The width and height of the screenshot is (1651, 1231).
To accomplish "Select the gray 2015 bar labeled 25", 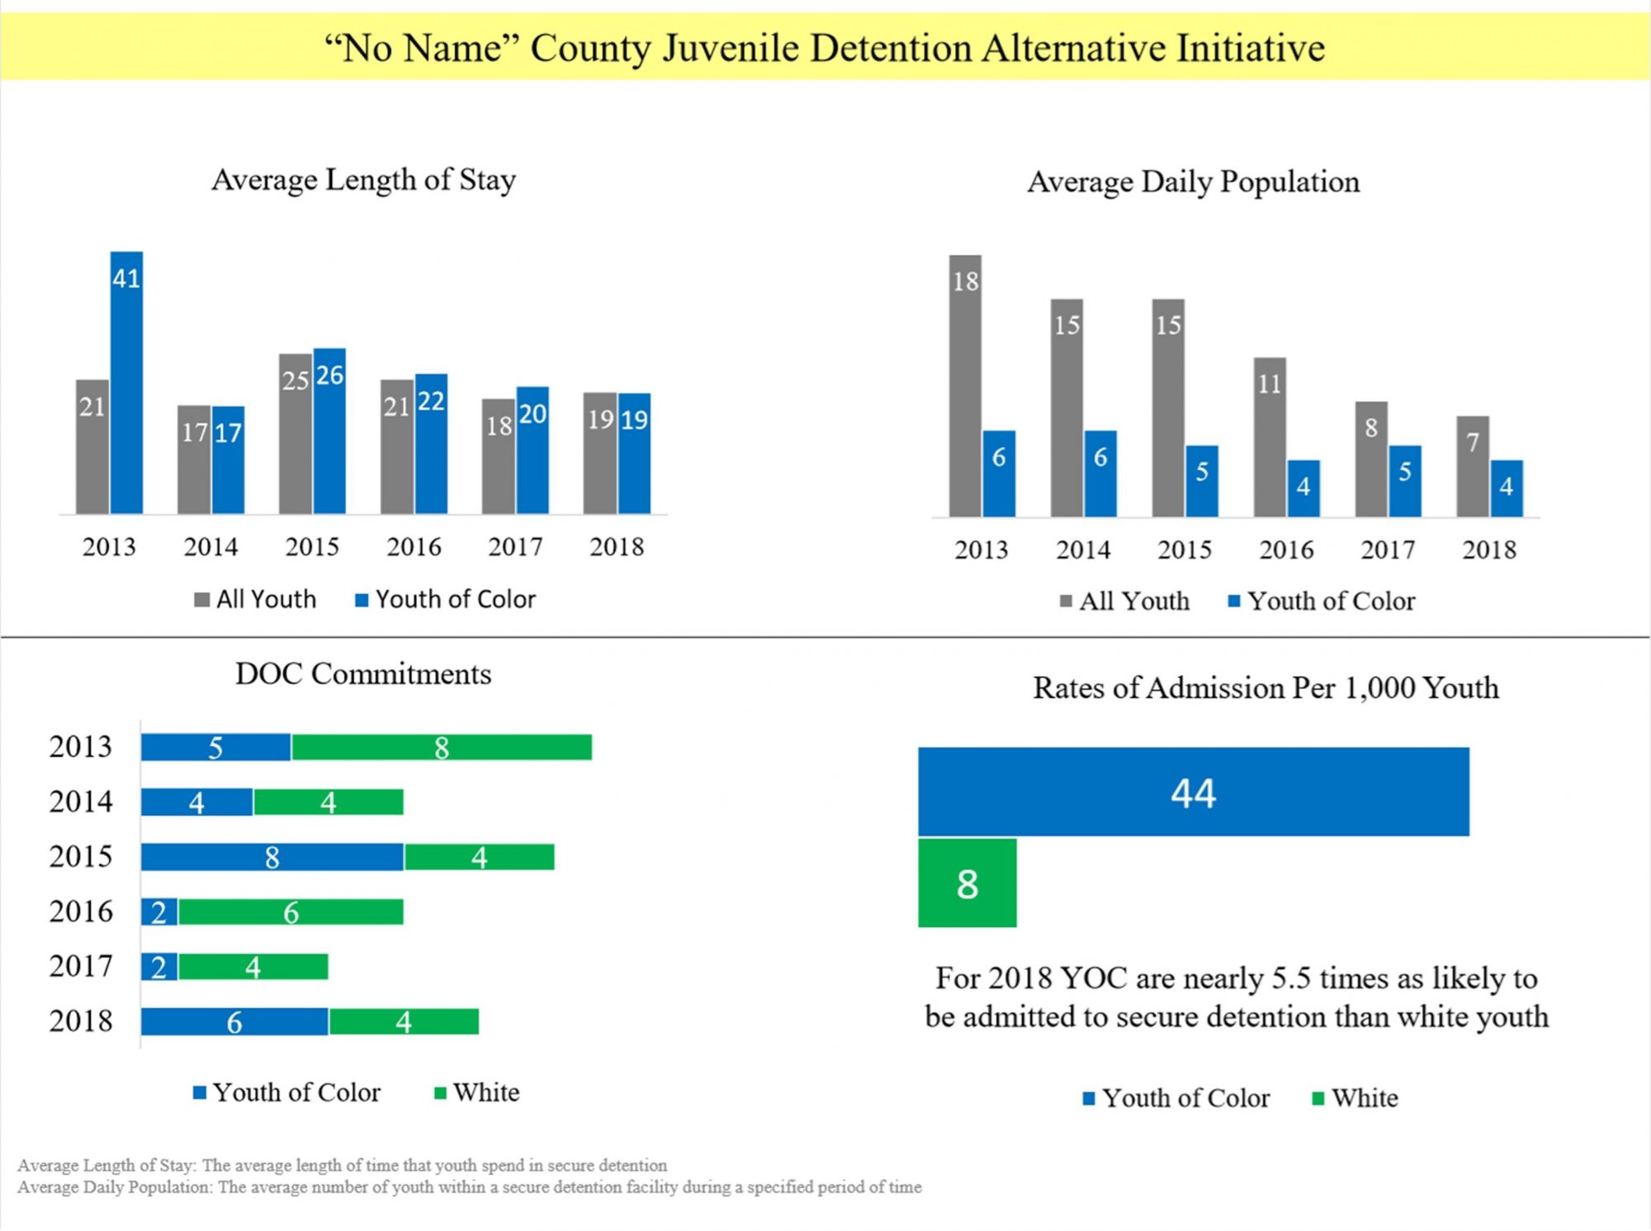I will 295,433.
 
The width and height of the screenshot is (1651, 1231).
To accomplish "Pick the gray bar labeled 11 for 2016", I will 1270,437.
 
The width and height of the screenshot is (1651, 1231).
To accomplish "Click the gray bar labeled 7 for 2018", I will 1473,466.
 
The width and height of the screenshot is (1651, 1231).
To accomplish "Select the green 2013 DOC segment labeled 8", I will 442,747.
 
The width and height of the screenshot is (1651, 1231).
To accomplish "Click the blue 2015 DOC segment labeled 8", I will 272,857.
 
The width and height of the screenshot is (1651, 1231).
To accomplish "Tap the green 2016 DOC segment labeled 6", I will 291,912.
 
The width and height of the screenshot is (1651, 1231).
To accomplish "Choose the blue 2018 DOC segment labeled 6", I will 234,1022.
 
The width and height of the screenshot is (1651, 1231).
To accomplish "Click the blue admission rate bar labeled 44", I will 1193,792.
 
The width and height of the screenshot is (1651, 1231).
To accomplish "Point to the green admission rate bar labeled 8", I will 967,883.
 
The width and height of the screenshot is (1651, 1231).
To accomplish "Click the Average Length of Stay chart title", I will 364,179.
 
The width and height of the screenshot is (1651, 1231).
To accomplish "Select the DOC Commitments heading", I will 363,674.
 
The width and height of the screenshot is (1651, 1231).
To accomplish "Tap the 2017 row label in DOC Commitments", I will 81,966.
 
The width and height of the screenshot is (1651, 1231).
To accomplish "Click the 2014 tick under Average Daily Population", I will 1083,550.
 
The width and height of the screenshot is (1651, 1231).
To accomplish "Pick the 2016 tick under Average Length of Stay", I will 414,547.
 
